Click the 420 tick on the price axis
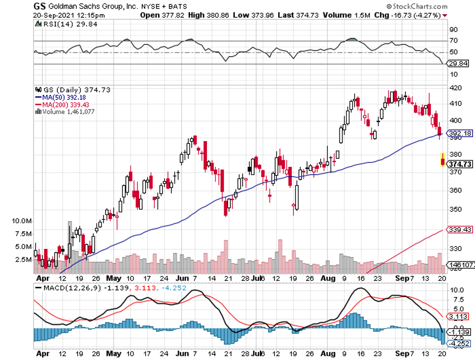pyautogui.click(x=455, y=88)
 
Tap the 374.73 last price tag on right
pyautogui.click(x=458, y=164)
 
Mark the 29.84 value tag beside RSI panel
pyautogui.click(x=458, y=64)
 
